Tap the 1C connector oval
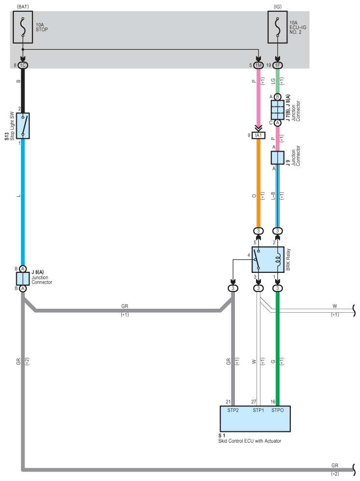pyautogui.click(x=23, y=65)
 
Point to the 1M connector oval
pyautogui.click(x=258, y=65)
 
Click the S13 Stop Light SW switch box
pyautogui.click(x=23, y=126)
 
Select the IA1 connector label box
pyautogui.click(x=258, y=135)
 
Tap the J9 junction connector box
pyautogui.click(x=278, y=158)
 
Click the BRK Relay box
pyautogui.click(x=268, y=260)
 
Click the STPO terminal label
pyautogui.click(x=277, y=409)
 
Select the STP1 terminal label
pyautogui.click(x=258, y=409)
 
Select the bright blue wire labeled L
pyautogui.click(x=23, y=196)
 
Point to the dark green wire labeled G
pyautogui.click(x=278, y=353)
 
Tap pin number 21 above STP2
pyautogui.click(x=229, y=401)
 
